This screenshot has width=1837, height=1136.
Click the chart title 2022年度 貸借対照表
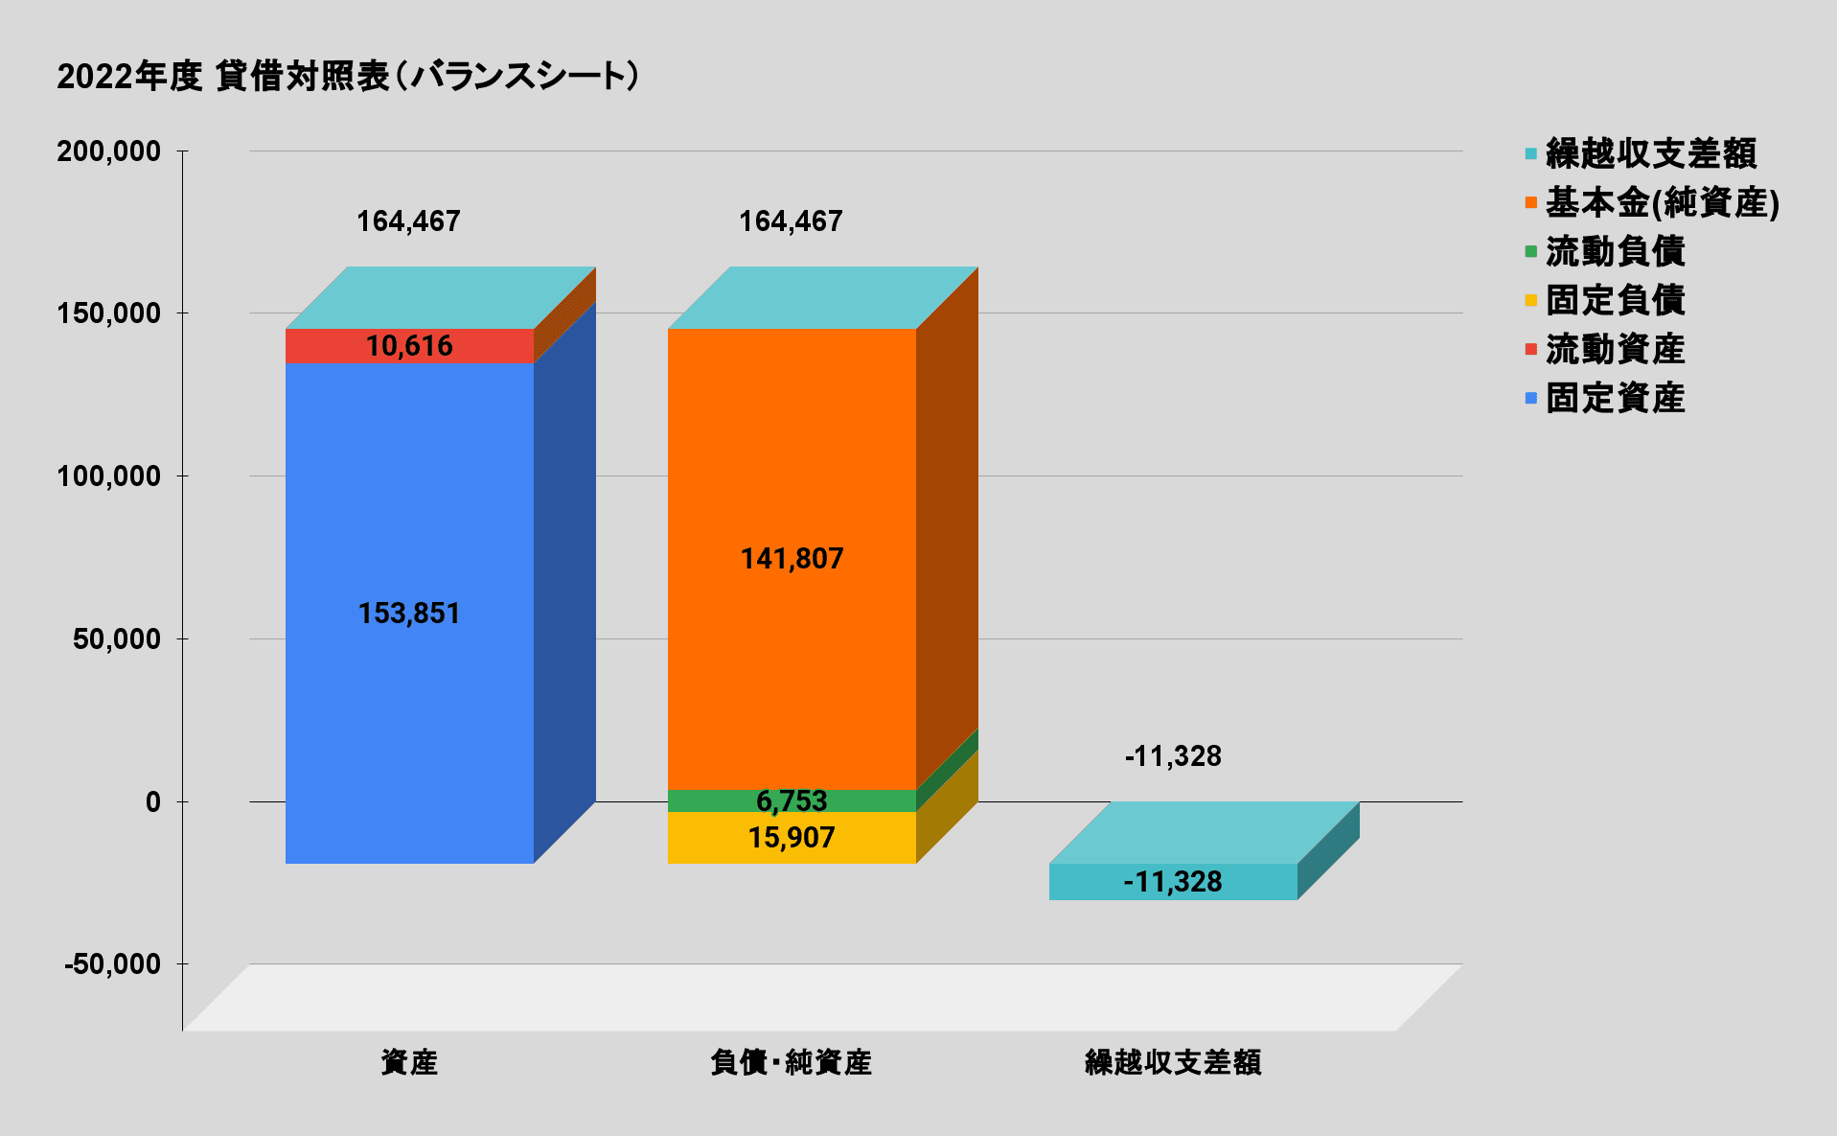tap(347, 76)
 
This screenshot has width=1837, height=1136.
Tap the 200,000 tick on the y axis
tap(108, 151)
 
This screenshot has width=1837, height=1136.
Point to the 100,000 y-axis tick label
tap(108, 476)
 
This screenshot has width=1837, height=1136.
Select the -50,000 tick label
tap(112, 964)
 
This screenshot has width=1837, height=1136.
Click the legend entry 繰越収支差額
tap(1650, 153)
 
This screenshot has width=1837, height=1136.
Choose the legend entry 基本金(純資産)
tap(1662, 202)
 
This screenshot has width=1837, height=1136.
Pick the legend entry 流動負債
tap(1615, 251)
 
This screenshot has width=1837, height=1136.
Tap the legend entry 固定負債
tap(1615, 300)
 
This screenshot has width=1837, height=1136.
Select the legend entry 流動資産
tap(1615, 349)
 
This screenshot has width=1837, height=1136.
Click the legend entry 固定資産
tap(1615, 398)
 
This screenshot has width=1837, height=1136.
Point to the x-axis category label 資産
tap(409, 1062)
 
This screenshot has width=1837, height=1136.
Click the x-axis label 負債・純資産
tap(792, 1062)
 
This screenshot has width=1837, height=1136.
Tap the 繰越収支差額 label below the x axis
tap(1173, 1062)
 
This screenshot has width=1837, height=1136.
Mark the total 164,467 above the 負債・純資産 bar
tap(791, 221)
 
